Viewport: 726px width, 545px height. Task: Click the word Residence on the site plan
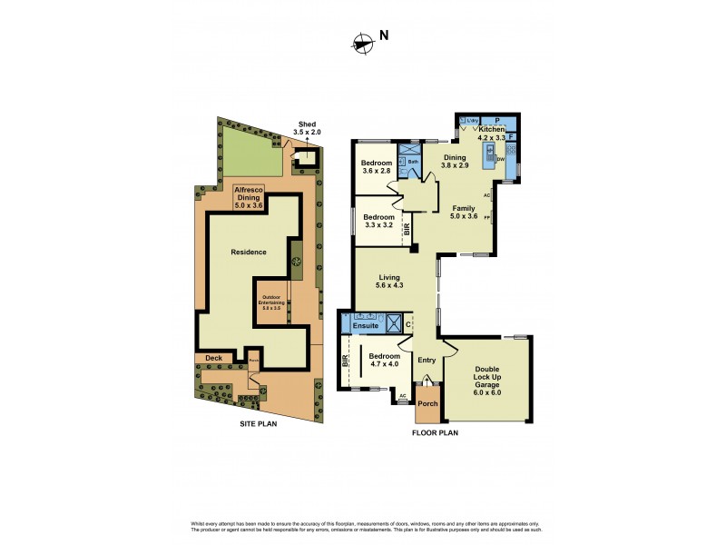click(x=248, y=252)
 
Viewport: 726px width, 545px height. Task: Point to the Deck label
click(x=213, y=358)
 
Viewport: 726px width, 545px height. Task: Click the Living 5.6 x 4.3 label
click(x=389, y=282)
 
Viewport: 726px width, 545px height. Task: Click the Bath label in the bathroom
click(x=412, y=162)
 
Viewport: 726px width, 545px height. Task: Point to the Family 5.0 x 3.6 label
click(x=463, y=212)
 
